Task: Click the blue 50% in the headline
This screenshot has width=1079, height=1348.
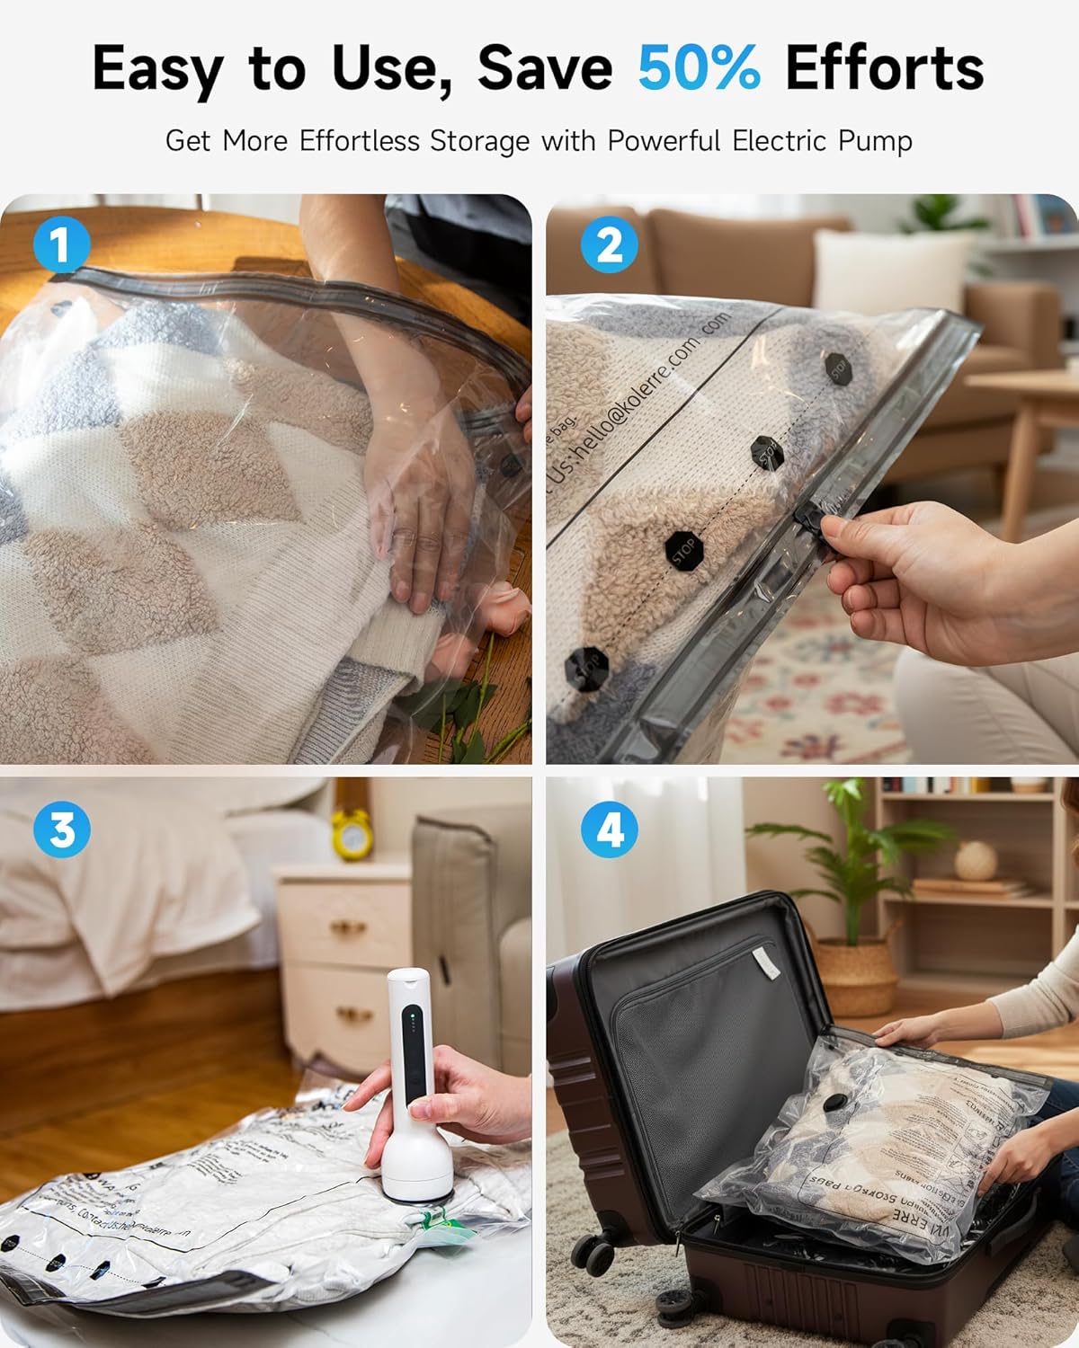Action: [699, 68]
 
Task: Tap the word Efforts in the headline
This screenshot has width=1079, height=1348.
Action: [884, 68]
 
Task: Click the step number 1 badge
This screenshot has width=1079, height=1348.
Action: [61, 244]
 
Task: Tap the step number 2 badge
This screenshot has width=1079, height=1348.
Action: [609, 244]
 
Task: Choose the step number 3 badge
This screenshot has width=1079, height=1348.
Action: [61, 829]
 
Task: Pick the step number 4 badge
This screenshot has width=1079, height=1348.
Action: [609, 829]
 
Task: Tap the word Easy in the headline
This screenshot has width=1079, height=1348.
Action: [157, 68]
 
